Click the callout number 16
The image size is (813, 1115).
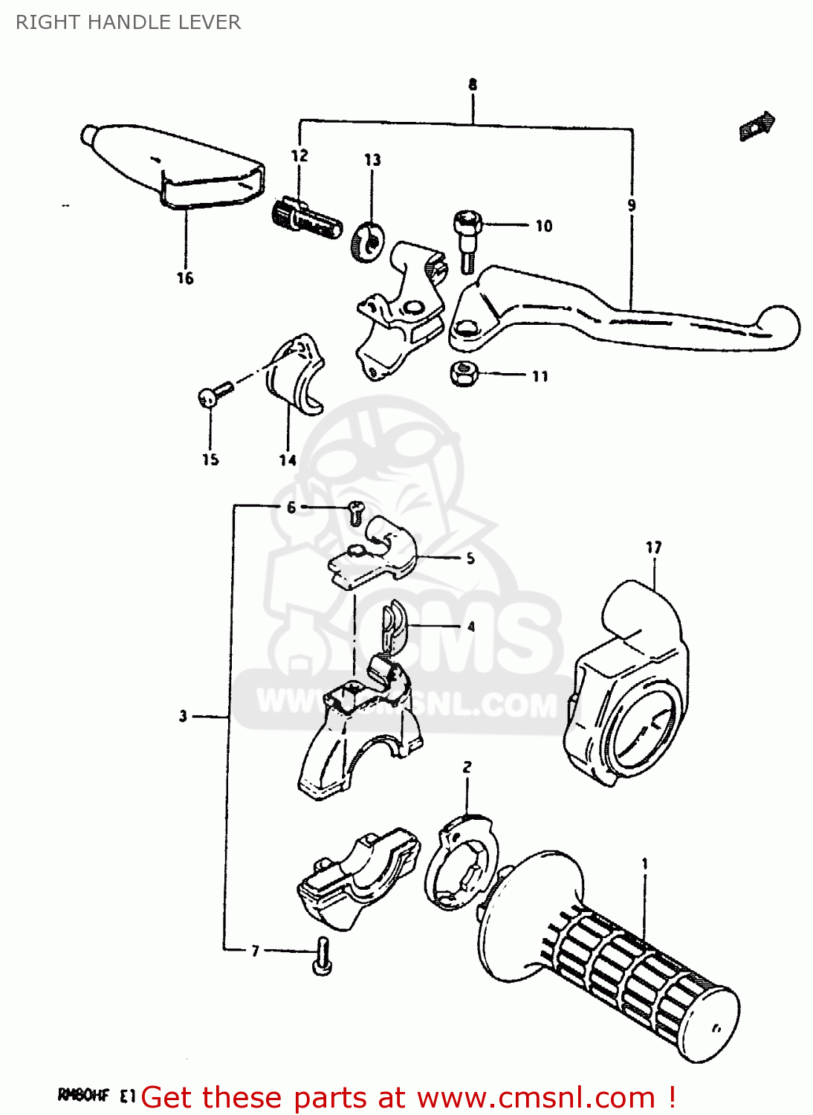pos(184,278)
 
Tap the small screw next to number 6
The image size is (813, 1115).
pos(356,511)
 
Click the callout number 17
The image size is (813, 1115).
pos(653,548)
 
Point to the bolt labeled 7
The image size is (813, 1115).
pos(323,956)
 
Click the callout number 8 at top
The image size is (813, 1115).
pos(473,85)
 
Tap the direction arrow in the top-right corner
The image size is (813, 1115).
pos(757,126)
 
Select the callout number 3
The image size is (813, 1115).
pos(183,717)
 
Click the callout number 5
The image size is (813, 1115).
pos(470,558)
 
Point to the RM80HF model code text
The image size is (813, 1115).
pos(83,1095)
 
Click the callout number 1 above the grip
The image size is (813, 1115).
pos(644,864)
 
